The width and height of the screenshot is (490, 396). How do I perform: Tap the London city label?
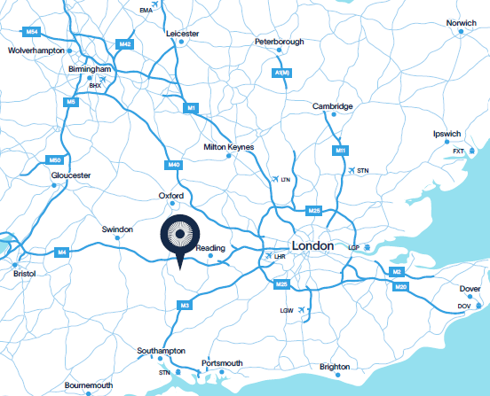coord(312,245)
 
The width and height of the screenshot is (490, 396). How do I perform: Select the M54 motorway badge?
coord(33,31)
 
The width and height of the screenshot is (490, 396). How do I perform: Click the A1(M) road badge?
coord(282,73)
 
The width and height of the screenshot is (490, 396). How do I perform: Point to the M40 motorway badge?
coord(173,164)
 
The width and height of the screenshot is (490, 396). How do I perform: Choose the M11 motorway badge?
coord(340,152)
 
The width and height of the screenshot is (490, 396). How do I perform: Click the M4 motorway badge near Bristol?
coord(62,253)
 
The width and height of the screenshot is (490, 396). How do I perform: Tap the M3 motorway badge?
coord(185,306)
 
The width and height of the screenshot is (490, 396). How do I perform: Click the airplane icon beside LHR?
coord(268,256)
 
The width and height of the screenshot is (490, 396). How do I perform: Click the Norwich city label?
coord(461,22)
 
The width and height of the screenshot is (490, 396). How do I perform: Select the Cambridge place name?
coord(333,106)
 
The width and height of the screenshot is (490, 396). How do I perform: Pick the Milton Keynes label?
coord(228,146)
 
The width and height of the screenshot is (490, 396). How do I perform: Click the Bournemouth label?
coord(89,385)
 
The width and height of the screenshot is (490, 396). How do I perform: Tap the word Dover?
coord(470,289)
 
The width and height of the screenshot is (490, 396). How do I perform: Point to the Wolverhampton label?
coord(38,51)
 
